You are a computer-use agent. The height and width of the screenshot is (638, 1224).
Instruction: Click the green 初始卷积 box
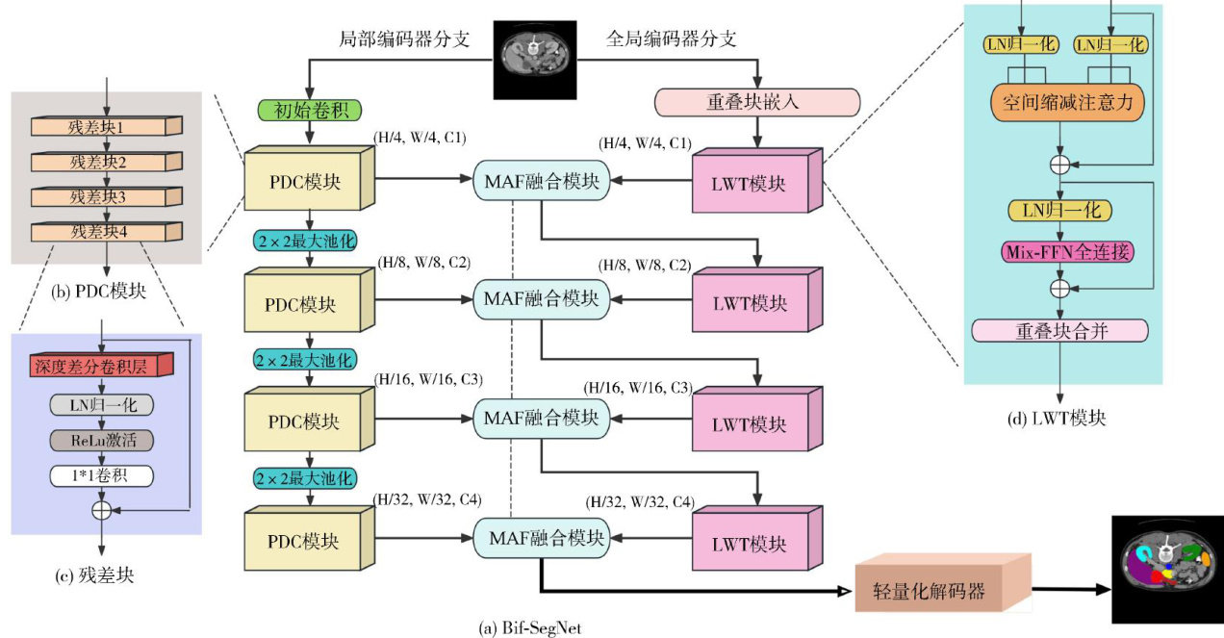click(301, 109)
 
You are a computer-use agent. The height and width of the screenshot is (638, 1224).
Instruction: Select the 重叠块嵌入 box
click(755, 101)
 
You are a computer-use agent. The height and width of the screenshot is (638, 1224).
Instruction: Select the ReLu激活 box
click(101, 441)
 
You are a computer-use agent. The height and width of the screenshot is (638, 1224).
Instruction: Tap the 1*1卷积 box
click(101, 475)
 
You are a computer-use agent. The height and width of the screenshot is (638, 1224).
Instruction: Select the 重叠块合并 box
click(1059, 331)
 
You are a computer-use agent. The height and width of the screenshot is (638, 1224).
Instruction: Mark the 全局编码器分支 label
click(672, 39)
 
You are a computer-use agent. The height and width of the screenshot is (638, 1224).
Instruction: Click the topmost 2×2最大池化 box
click(305, 241)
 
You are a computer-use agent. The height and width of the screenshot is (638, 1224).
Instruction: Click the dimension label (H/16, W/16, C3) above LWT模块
click(639, 388)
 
